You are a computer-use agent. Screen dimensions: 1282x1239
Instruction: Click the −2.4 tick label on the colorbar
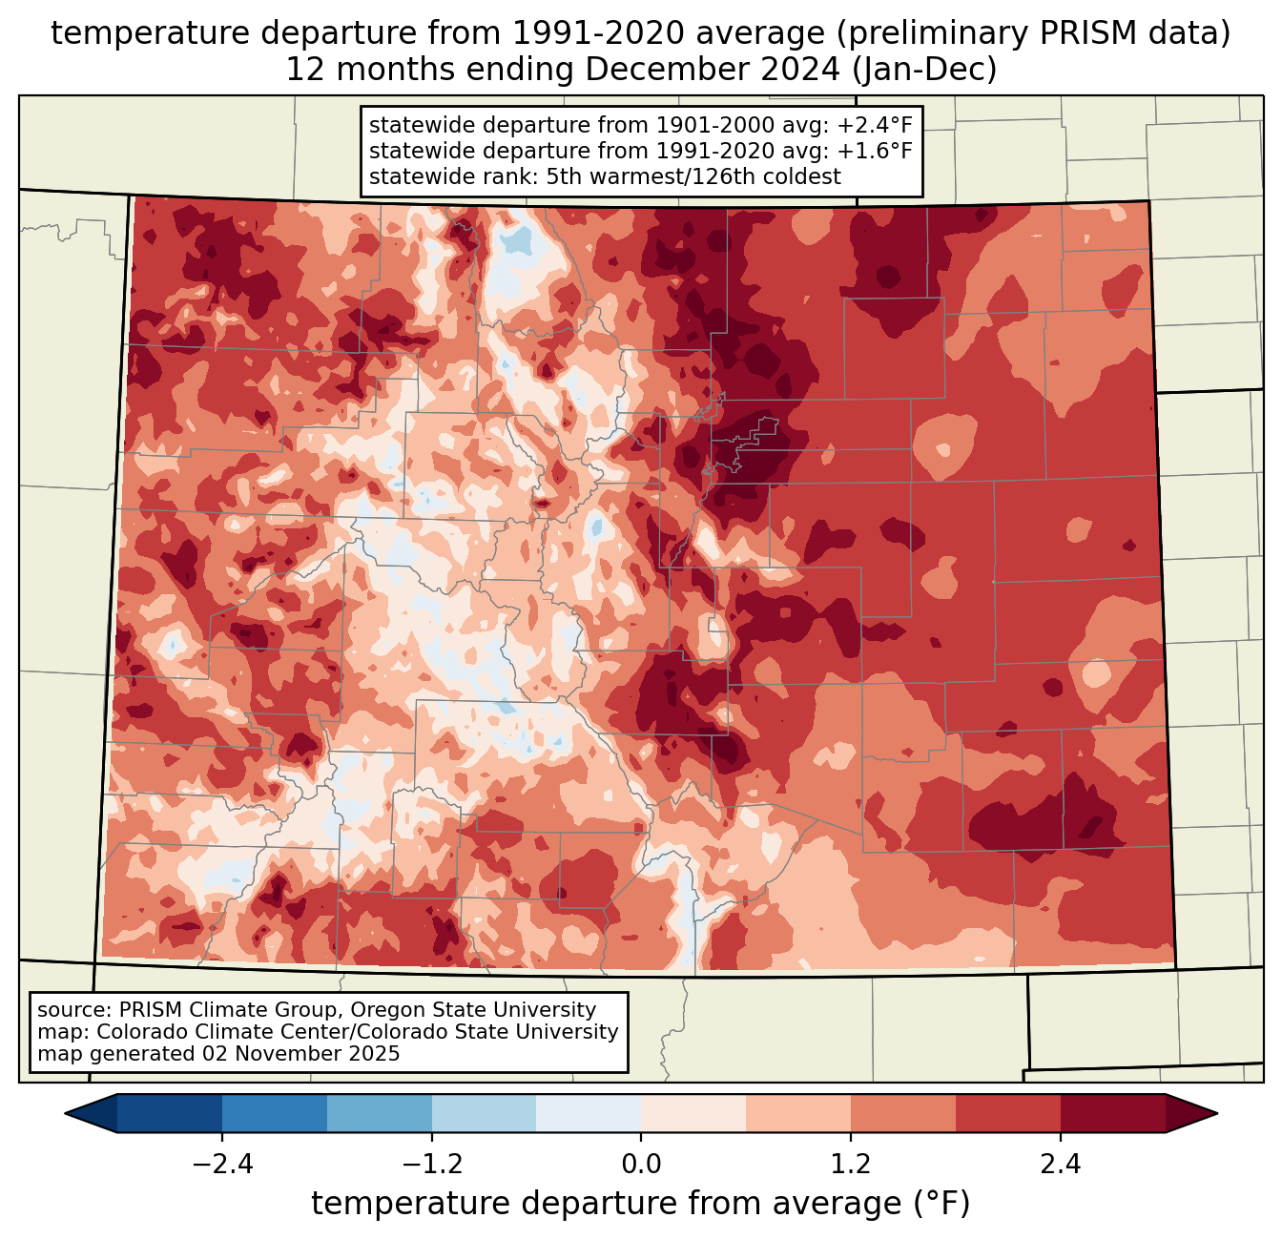(x=222, y=1164)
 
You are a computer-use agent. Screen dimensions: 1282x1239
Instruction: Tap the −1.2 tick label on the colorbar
(x=432, y=1164)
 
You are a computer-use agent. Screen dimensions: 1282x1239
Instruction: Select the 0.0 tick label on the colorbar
(x=641, y=1164)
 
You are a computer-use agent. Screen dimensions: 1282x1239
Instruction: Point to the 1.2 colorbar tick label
(x=851, y=1164)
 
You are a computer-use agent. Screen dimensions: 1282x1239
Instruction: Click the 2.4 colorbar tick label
(x=1061, y=1164)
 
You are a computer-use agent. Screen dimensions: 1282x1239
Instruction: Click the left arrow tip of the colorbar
(x=65, y=1114)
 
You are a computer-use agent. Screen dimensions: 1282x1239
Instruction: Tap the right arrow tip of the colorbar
(x=1217, y=1114)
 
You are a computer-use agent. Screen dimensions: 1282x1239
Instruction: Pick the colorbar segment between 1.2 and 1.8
(x=903, y=1114)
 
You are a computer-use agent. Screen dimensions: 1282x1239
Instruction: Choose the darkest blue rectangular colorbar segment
(x=169, y=1114)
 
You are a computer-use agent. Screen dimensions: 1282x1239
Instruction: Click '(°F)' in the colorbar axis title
(x=942, y=1203)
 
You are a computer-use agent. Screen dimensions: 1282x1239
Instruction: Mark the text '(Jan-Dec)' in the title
(x=924, y=70)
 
